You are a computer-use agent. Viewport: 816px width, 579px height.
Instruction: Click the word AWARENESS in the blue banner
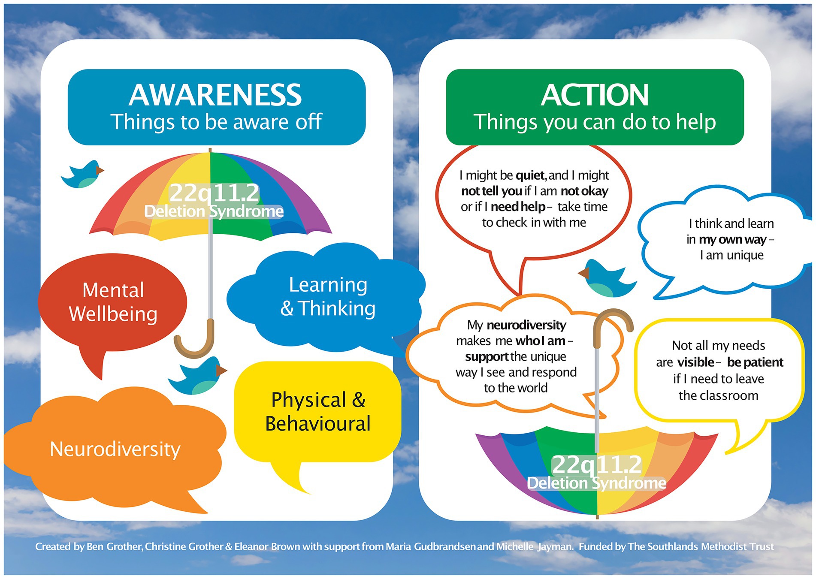(x=215, y=95)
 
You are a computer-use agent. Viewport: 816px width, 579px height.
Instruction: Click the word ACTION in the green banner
(x=595, y=95)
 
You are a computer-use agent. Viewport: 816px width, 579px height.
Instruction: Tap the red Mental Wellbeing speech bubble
(x=113, y=302)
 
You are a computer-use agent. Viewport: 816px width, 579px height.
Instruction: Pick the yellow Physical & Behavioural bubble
(x=317, y=412)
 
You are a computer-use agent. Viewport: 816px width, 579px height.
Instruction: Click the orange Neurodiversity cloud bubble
(x=115, y=449)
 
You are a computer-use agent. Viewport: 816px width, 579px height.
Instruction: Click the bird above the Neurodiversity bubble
(x=198, y=376)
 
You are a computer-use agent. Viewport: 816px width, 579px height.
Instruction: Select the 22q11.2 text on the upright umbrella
(x=215, y=193)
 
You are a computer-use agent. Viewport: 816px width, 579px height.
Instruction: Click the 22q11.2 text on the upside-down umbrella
(x=596, y=464)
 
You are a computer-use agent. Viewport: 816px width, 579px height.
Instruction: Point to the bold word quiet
(x=530, y=175)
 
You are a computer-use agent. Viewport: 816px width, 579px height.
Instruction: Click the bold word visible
(x=695, y=362)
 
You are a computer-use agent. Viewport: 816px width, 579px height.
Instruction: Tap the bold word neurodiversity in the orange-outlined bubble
(x=526, y=325)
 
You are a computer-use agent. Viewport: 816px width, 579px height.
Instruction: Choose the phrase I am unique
(x=731, y=256)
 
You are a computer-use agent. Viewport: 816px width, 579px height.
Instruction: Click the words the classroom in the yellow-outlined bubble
(x=718, y=395)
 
